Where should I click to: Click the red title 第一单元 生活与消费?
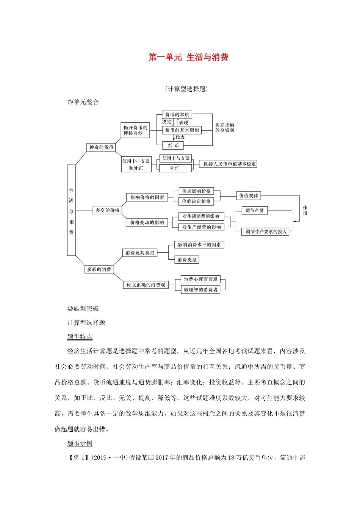188,58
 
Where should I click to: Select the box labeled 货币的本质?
177,115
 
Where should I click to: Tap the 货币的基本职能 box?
182,130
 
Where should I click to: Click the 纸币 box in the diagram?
173,145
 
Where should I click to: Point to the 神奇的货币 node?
101,147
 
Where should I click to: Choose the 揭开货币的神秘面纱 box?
135,130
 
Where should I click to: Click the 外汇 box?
175,169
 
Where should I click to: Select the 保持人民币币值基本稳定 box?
229,164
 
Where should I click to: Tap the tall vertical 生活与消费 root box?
71,211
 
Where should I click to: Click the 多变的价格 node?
108,210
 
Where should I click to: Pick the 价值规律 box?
249,196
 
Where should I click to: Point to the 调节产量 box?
255,211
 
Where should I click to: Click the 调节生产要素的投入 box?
266,231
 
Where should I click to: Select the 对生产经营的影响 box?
201,227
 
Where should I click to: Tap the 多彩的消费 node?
99,270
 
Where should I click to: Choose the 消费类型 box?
187,260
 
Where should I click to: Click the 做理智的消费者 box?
200,290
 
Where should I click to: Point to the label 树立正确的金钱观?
225,128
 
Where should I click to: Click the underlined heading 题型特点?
80,337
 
